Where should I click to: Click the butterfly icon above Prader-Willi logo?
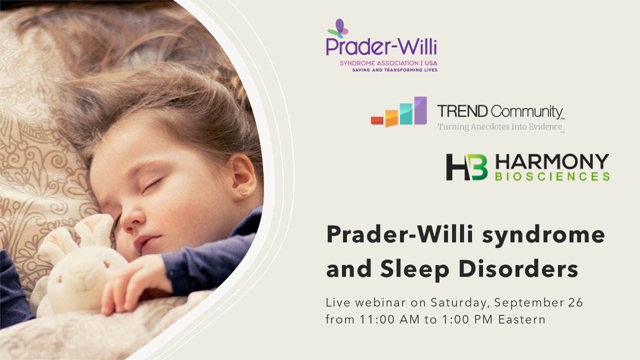(338, 28)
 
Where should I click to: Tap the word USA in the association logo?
(431, 63)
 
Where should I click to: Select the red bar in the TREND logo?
(377, 120)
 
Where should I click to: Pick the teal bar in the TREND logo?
(406, 113)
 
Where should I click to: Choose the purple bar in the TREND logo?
(420, 110)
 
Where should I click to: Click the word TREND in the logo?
(462, 111)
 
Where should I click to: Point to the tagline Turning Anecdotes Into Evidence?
(500, 126)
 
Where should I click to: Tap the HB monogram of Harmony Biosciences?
(467, 167)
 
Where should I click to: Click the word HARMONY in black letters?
(552, 161)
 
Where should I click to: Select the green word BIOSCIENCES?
(552, 176)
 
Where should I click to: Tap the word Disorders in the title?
(518, 268)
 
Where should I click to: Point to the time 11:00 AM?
(389, 319)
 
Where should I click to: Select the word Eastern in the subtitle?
(522, 319)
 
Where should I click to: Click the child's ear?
(242, 175)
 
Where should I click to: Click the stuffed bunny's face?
(85, 271)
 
